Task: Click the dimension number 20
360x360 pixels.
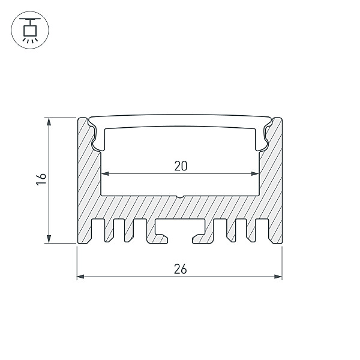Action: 181,166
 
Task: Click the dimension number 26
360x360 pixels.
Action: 181,269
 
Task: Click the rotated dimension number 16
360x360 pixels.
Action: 41,179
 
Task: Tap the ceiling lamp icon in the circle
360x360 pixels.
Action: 30,30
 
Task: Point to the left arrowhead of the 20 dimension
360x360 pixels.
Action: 105,174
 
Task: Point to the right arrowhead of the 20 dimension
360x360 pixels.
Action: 256,174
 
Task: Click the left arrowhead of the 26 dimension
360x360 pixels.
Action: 80,277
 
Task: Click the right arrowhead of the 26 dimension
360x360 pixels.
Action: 278,277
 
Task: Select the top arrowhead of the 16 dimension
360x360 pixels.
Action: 49,121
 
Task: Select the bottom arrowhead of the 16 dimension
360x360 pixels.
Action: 49,239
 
